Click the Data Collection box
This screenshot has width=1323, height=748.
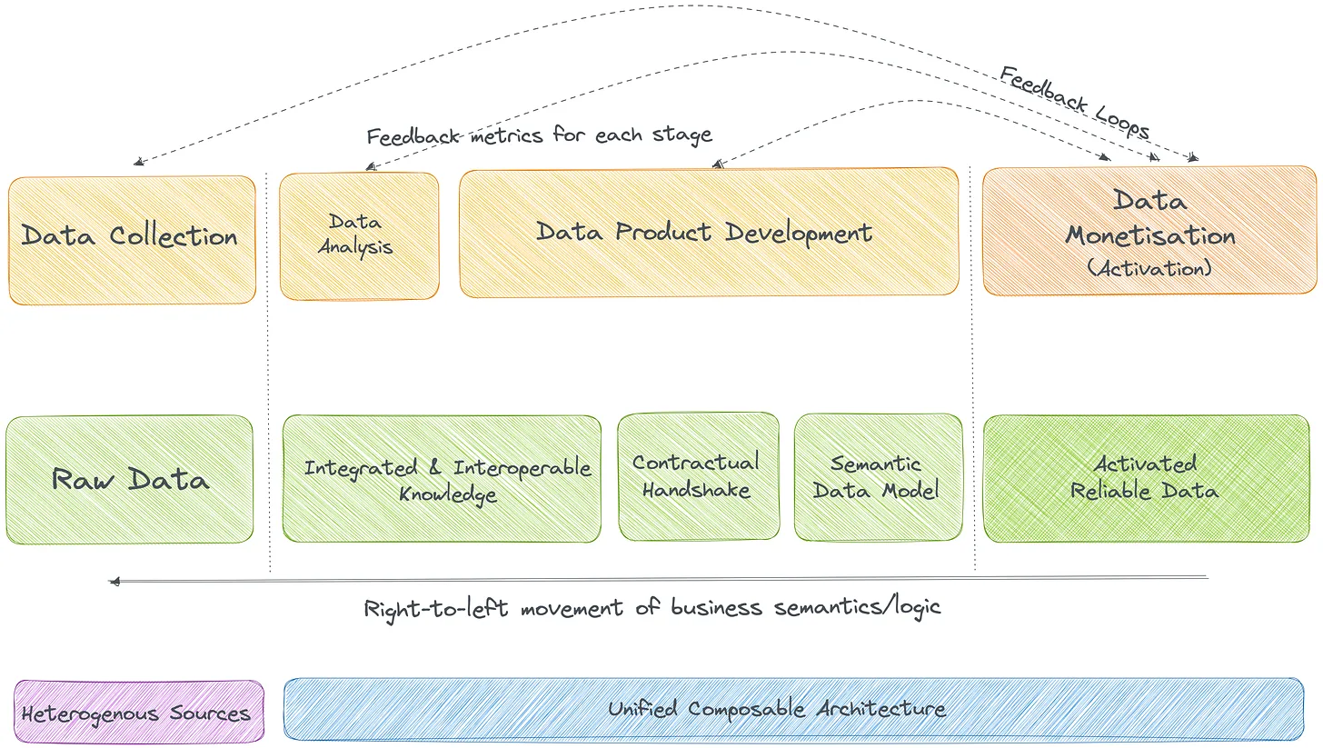click(x=132, y=239)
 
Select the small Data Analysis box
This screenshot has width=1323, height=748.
click(x=359, y=235)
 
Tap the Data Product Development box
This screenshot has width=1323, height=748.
click(x=708, y=232)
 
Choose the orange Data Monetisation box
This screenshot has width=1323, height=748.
click(x=1149, y=231)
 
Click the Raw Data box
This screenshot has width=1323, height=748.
click(x=130, y=479)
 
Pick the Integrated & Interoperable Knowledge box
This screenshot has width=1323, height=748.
click(x=442, y=479)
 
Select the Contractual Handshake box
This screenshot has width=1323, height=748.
click(x=698, y=477)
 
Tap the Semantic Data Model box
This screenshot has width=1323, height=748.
click(x=878, y=477)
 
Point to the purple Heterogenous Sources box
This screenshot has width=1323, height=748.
click(x=138, y=713)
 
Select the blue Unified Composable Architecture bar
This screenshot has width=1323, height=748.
click(x=793, y=709)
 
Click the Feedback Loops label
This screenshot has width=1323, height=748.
click(x=1075, y=102)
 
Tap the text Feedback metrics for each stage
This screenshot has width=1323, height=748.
click(x=539, y=135)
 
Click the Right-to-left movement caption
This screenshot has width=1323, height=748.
click(x=652, y=607)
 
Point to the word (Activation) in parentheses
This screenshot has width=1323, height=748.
click(x=1149, y=269)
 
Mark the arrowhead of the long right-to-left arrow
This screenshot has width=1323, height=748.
click(x=114, y=582)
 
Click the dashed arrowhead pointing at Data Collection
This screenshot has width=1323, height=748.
click(x=137, y=163)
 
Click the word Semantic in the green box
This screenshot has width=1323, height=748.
click(x=876, y=465)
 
